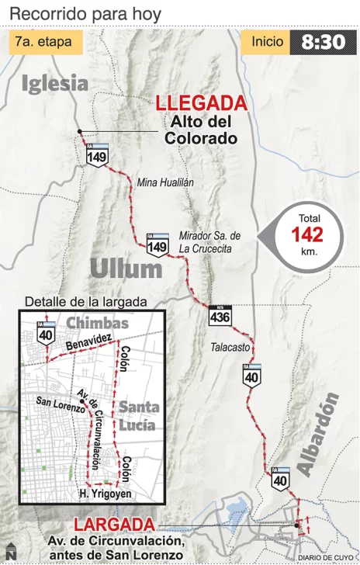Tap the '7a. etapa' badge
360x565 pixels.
point(48,42)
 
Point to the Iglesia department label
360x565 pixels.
point(54,83)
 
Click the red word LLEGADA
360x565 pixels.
point(201,103)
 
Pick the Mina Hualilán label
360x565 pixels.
point(165,182)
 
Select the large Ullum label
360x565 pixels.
point(126,269)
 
